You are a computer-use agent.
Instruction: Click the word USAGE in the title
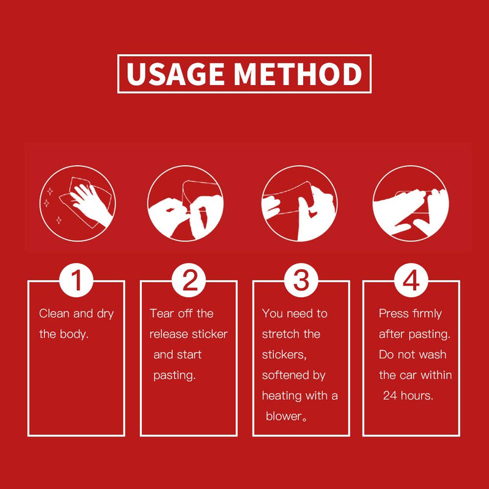(175, 73)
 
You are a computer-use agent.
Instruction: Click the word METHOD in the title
(298, 73)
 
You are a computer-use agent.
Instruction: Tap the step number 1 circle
(76, 280)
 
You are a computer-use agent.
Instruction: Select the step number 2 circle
(189, 280)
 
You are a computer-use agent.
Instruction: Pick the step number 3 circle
(301, 280)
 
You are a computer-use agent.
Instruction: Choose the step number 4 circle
(411, 280)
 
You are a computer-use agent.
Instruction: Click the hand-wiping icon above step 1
(78, 204)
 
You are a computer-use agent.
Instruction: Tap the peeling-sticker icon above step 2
(185, 204)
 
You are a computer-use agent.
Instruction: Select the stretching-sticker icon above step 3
(300, 204)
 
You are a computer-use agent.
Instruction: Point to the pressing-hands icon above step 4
(411, 204)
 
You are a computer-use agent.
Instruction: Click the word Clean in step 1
(54, 314)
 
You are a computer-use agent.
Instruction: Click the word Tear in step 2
(161, 314)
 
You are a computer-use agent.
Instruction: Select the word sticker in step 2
(210, 334)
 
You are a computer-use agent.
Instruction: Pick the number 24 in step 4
(390, 395)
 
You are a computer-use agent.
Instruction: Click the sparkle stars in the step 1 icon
(53, 206)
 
